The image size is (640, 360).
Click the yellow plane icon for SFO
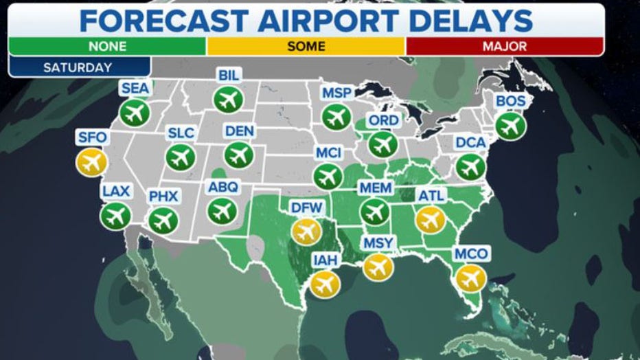coord(91,163)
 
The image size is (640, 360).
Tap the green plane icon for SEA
coord(134,113)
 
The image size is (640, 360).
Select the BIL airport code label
coord(228,76)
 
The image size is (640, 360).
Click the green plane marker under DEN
coord(238,155)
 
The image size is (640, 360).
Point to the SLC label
coord(181,133)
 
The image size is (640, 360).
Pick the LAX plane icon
coord(115,216)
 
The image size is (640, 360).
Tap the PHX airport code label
coord(163,197)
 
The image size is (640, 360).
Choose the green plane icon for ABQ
coord(221,210)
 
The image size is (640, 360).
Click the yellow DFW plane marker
coord(306,231)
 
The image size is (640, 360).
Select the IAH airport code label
coord(324,260)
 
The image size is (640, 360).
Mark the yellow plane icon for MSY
coord(378,266)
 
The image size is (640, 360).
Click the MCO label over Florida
coord(471,255)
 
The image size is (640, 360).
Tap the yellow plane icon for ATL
coord(431,220)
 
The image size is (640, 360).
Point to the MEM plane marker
coord(375,212)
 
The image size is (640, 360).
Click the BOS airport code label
coord(510,102)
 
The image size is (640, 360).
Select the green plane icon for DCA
coord(470,166)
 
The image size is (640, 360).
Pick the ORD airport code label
coord(382,121)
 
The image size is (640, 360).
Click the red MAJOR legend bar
coord(504,47)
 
